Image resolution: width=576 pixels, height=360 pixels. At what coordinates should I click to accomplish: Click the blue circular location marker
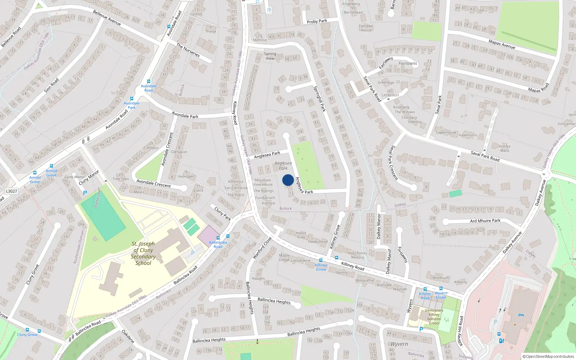tap(288, 180)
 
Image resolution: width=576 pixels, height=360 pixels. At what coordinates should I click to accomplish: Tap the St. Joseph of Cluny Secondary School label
tap(143, 253)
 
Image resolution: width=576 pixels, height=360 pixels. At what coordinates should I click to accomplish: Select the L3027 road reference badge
tap(11, 191)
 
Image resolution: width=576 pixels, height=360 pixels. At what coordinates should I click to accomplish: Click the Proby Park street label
tap(317, 21)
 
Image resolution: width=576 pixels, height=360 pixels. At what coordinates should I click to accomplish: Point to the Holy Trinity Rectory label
tap(357, 255)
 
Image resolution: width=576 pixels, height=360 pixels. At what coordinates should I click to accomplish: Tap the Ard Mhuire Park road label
tap(485, 221)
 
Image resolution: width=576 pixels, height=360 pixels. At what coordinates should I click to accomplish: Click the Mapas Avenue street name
tap(501, 44)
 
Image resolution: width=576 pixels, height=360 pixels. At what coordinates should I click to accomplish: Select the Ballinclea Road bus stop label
tap(218, 244)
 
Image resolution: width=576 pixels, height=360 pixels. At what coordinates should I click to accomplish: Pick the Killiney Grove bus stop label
tap(321, 267)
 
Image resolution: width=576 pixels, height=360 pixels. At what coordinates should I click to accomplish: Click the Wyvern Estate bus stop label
tap(441, 295)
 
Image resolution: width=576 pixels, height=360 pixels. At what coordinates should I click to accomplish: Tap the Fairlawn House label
tap(366, 28)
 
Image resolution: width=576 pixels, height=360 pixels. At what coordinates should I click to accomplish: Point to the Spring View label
tap(270, 56)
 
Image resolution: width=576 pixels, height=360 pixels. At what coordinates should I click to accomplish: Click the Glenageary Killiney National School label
tap(434, 316)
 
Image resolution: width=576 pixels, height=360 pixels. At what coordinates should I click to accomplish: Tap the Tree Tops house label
tap(121, 179)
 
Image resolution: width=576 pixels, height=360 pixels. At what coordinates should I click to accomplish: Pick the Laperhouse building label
tap(446, 132)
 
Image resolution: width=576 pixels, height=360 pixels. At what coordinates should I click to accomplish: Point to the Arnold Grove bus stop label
tap(35, 180)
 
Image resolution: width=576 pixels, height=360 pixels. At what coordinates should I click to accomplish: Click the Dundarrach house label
tap(265, 198)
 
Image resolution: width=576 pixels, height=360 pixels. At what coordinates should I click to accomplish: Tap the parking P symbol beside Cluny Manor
tap(85, 193)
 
